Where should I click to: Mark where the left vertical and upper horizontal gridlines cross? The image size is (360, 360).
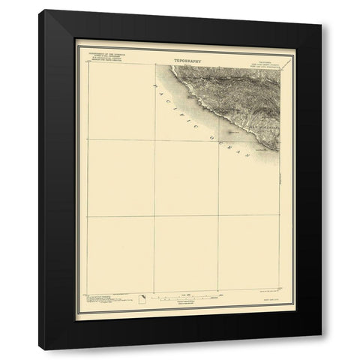pos(156,139)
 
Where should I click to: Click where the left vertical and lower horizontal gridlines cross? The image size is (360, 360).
pos(156,216)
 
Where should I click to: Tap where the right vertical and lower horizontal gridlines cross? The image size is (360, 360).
pos(218,216)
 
